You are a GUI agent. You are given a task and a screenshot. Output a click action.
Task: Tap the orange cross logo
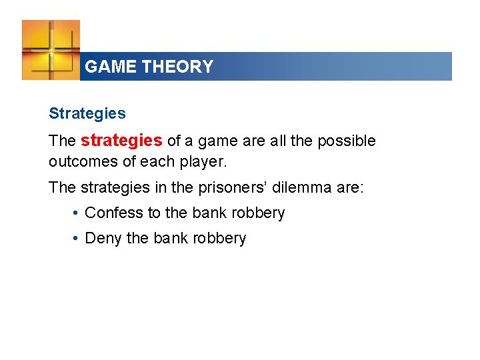(51, 49)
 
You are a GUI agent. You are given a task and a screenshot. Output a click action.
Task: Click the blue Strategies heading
(87, 113)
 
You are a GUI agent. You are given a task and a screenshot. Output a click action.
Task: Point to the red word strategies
(121, 141)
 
